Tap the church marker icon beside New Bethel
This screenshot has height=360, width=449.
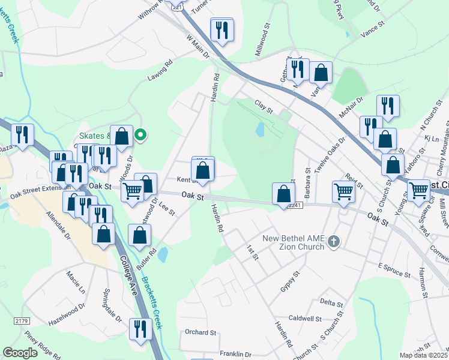click(334, 242)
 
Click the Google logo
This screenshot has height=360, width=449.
click(20, 353)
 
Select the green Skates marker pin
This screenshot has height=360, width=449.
click(140, 135)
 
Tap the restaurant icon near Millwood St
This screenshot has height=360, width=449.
click(221, 29)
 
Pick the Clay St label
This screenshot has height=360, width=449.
click(264, 107)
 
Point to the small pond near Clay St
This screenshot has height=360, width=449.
click(259, 129)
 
